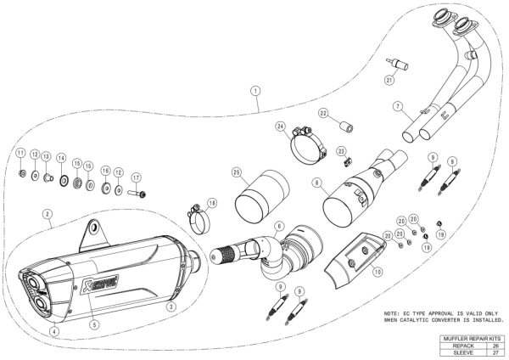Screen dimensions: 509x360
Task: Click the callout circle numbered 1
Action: coord(256,91)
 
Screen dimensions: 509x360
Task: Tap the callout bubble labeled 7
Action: coord(397,106)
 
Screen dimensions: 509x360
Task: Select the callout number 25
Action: coord(237,172)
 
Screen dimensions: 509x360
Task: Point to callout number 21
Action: coord(389,80)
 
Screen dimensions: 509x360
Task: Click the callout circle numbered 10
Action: coord(378,272)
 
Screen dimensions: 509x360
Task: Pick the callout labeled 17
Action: coord(136,177)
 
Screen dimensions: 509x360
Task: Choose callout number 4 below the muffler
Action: coord(54,331)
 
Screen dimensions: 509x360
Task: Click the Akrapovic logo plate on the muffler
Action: coord(99,285)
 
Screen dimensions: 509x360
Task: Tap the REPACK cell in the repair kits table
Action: coord(463,346)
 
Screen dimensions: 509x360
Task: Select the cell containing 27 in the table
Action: coord(495,352)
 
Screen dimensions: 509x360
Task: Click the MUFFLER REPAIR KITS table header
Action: coord(473,339)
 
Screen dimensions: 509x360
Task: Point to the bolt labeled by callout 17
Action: coord(138,194)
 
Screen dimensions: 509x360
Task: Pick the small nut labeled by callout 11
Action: coord(22,174)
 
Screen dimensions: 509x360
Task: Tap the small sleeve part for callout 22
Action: coord(346,127)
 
